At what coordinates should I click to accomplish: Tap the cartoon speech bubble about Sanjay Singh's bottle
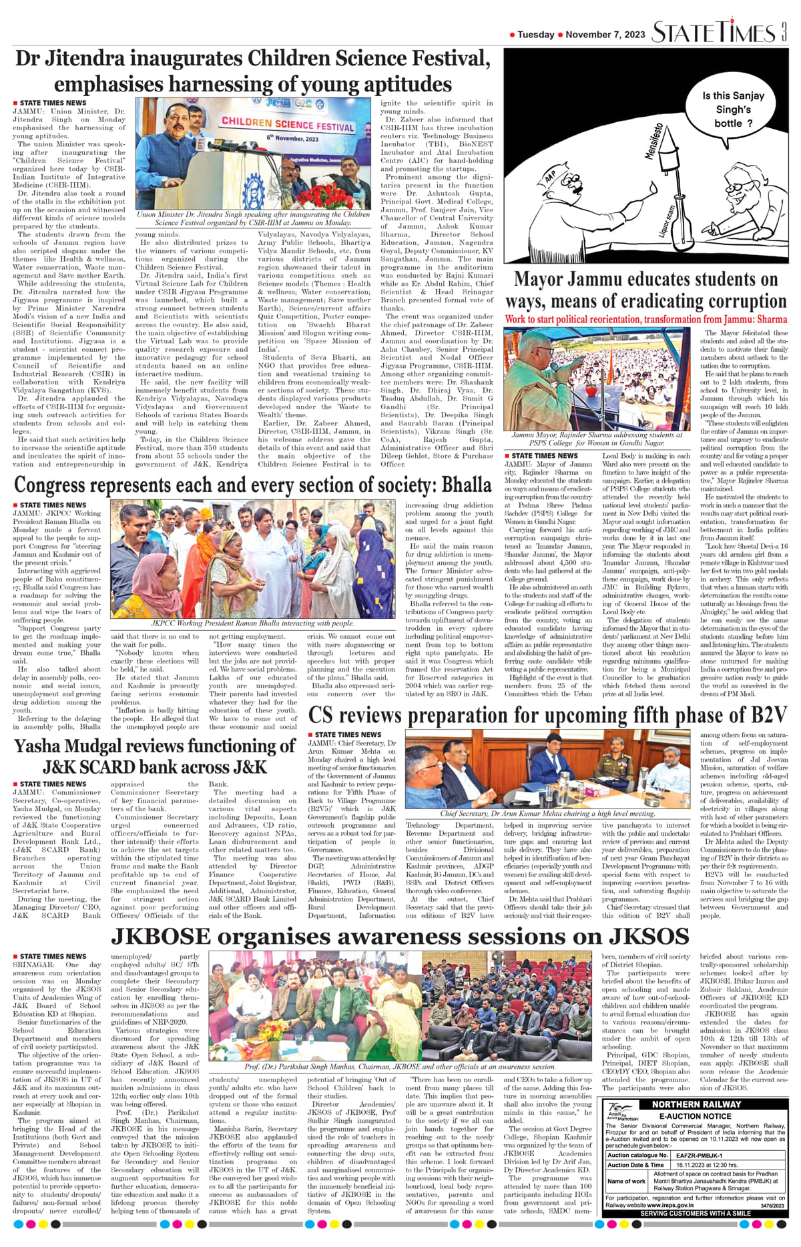[x=733, y=109]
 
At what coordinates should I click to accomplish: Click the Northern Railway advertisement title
[x=696, y=1104]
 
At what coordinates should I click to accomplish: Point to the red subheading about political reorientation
[x=645, y=319]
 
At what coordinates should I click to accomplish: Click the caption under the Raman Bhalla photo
[x=252, y=623]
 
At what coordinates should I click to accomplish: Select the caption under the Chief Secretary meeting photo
[x=547, y=814]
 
